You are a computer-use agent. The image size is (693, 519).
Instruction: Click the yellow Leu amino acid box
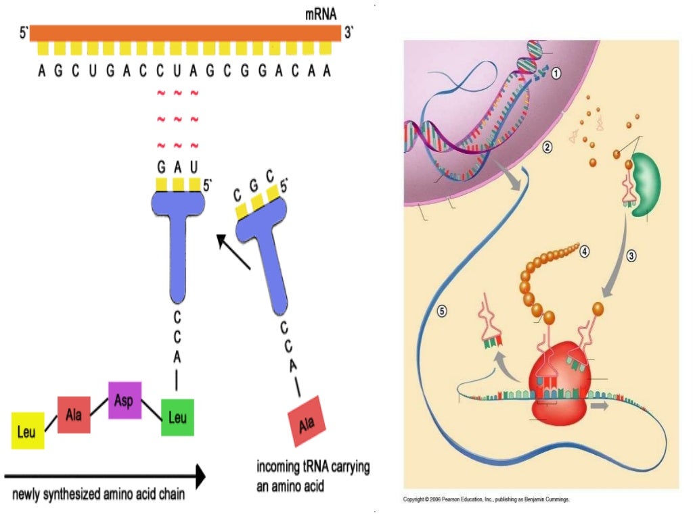[x=28, y=431]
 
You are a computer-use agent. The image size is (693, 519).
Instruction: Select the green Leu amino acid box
[x=177, y=417]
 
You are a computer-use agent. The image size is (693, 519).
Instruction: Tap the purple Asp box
[x=125, y=399]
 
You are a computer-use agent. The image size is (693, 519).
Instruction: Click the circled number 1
[x=556, y=74]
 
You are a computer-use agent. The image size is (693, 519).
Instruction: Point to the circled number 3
[x=631, y=256]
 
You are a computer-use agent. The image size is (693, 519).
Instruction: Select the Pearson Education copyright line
[x=487, y=499]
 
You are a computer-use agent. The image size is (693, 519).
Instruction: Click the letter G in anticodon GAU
[x=161, y=167]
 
